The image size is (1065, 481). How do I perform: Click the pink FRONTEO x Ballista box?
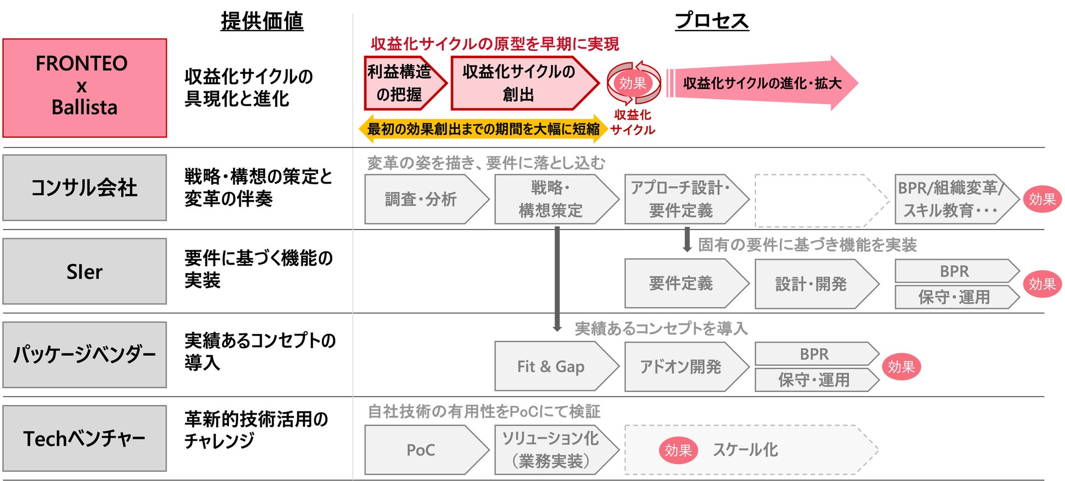(85, 87)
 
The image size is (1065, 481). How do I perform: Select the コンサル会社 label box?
(85, 187)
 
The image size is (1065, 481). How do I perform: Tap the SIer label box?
(85, 271)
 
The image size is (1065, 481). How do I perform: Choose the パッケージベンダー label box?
(85, 355)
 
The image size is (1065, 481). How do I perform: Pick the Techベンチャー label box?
(85, 438)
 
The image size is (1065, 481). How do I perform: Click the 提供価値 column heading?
(262, 21)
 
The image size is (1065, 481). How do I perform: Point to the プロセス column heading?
(712, 21)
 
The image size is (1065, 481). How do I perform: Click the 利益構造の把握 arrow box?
(401, 83)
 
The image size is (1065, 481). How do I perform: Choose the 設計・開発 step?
(812, 284)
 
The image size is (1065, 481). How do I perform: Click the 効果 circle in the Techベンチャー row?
(678, 450)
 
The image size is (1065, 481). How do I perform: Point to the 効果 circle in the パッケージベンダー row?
(901, 367)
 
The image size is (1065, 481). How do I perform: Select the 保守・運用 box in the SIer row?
(954, 297)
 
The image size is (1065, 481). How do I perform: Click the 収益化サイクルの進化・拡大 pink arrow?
(762, 83)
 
